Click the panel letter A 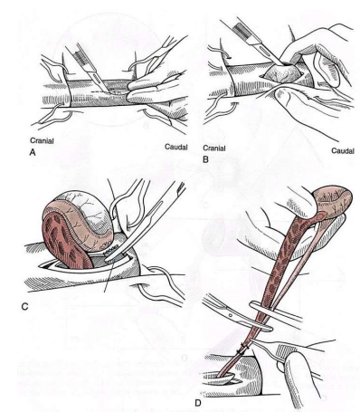(x=33, y=153)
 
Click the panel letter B (x=205, y=159)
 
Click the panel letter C (x=24, y=307)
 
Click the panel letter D (x=198, y=403)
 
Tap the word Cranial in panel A (x=42, y=140)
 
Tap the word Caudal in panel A (x=176, y=147)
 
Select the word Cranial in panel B (x=214, y=149)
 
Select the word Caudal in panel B (x=343, y=150)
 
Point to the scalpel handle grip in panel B (x=244, y=31)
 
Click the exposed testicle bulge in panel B (x=281, y=76)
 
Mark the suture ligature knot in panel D (x=242, y=350)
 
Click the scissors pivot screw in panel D (x=231, y=316)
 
